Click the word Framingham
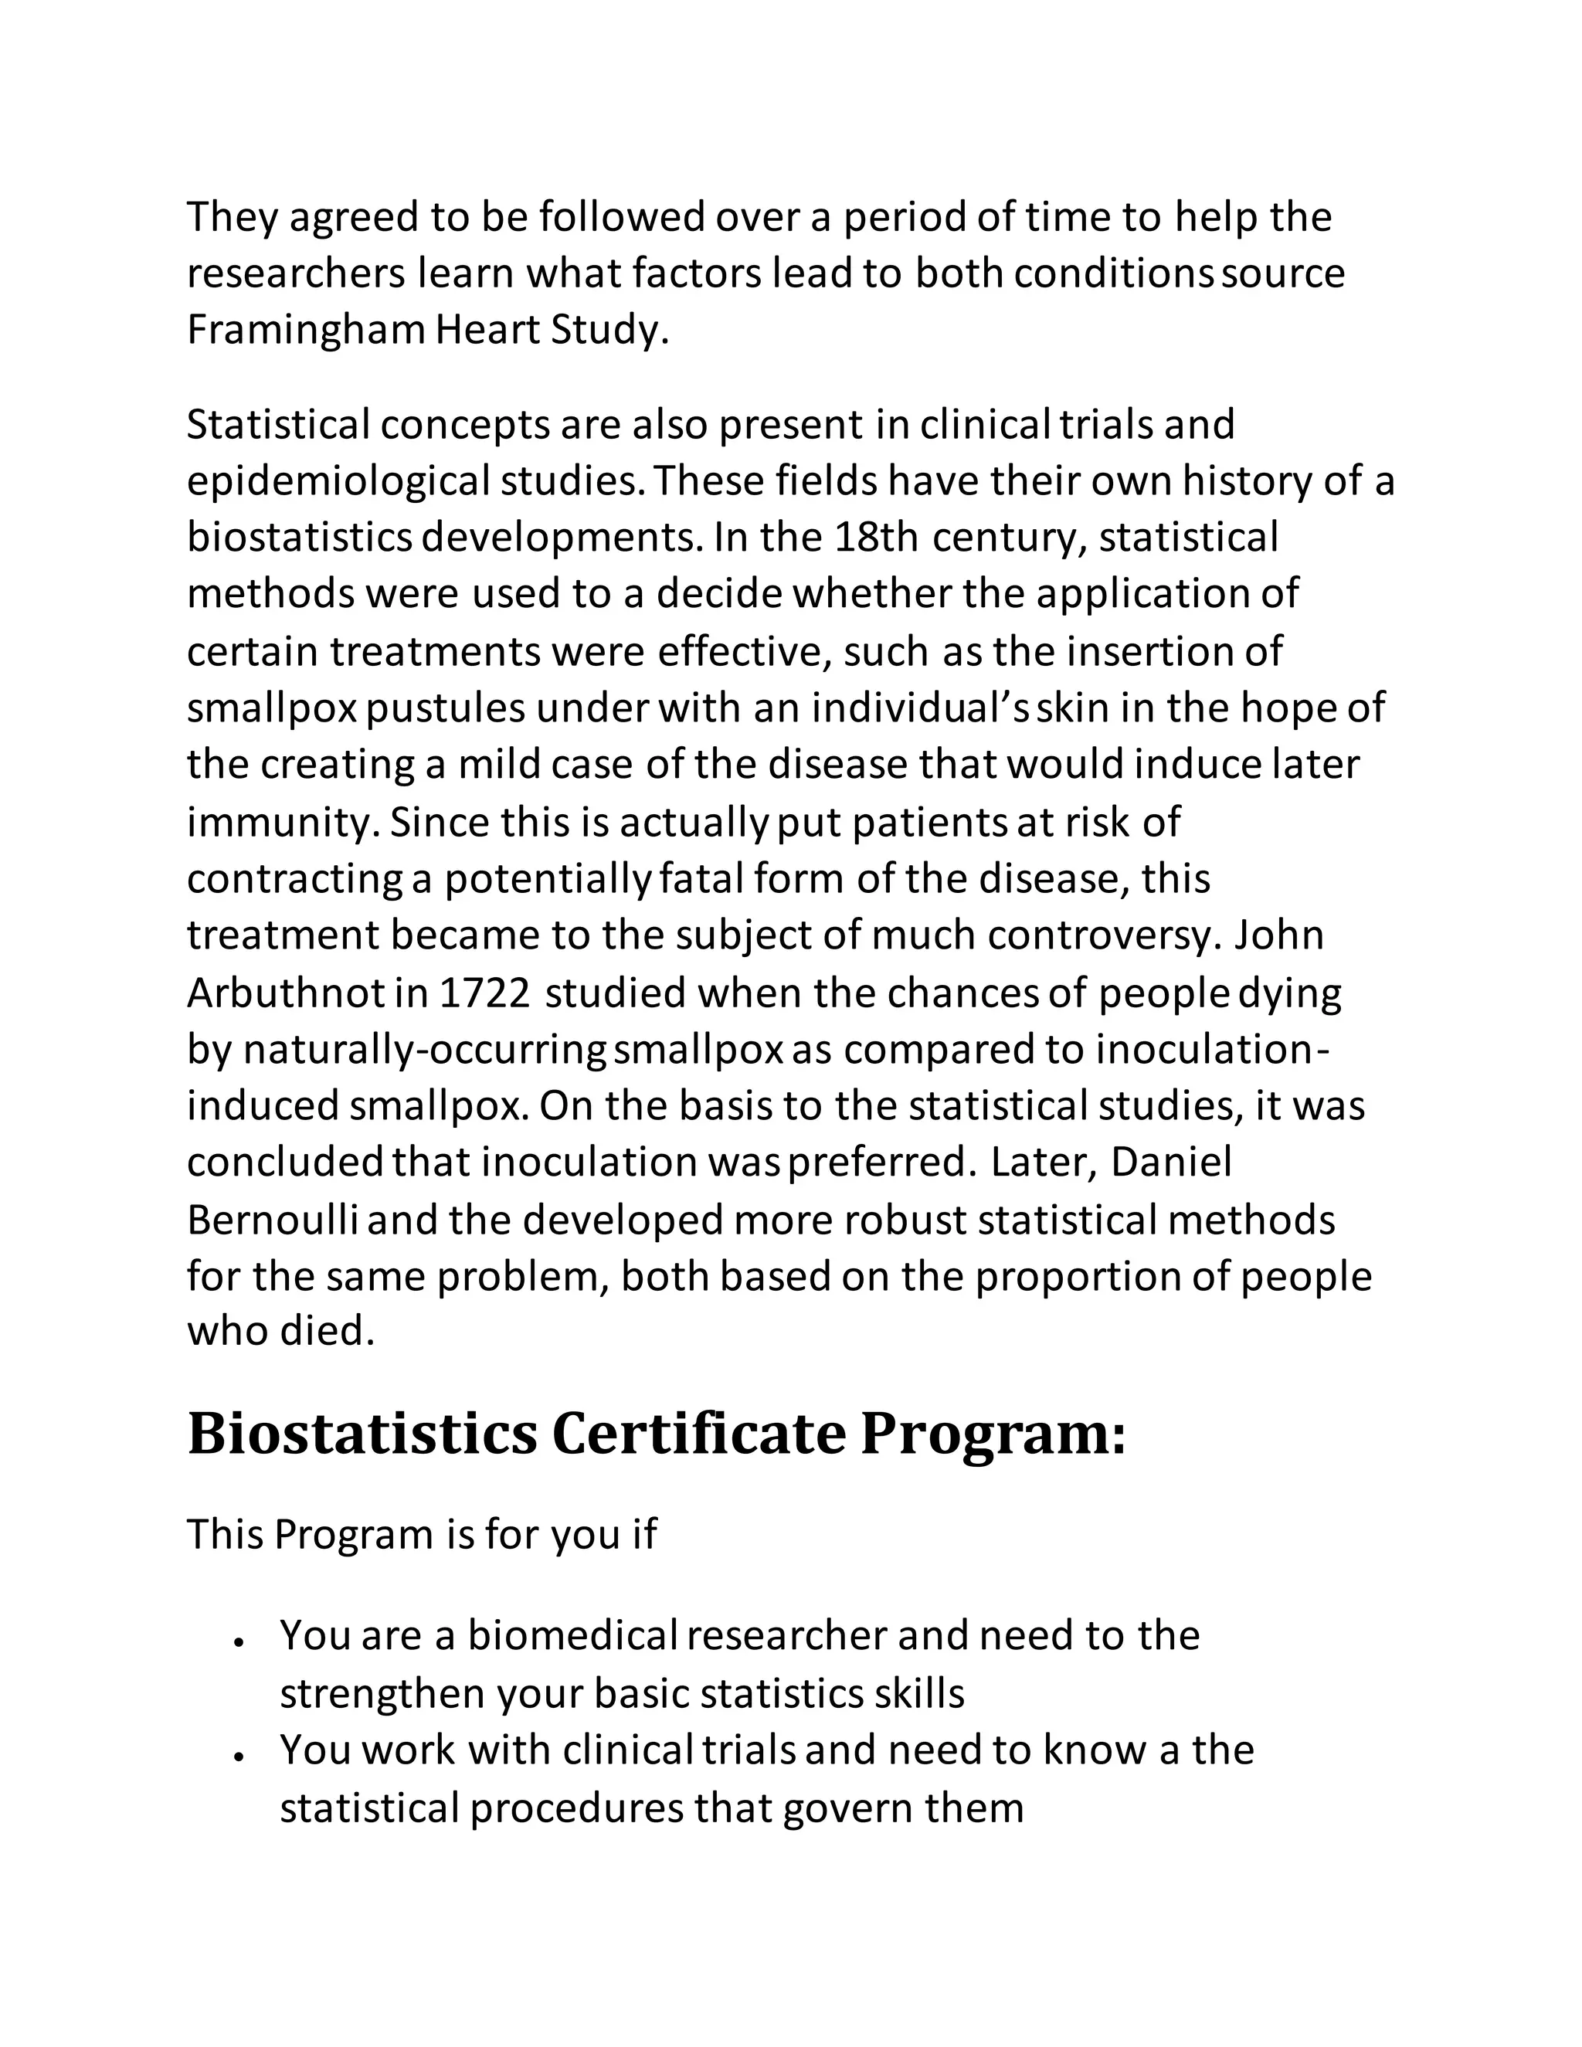[x=307, y=331]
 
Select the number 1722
[x=485, y=993]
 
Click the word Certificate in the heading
[x=698, y=1435]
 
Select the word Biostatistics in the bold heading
[x=363, y=1435]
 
